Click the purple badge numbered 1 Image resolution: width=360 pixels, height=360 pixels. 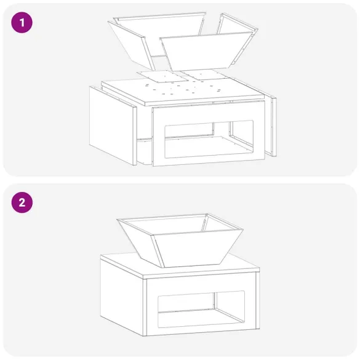[x=22, y=23]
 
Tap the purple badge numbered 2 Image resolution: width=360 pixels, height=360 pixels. [x=22, y=202]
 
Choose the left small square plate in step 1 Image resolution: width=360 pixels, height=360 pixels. [x=162, y=76]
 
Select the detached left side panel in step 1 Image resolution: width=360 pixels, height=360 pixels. [x=113, y=125]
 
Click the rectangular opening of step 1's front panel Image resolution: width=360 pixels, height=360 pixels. [x=209, y=139]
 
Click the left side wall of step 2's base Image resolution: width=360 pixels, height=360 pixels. [x=122, y=296]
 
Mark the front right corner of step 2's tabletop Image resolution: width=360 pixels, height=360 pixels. [x=260, y=268]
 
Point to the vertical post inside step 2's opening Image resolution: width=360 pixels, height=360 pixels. [x=215, y=301]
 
